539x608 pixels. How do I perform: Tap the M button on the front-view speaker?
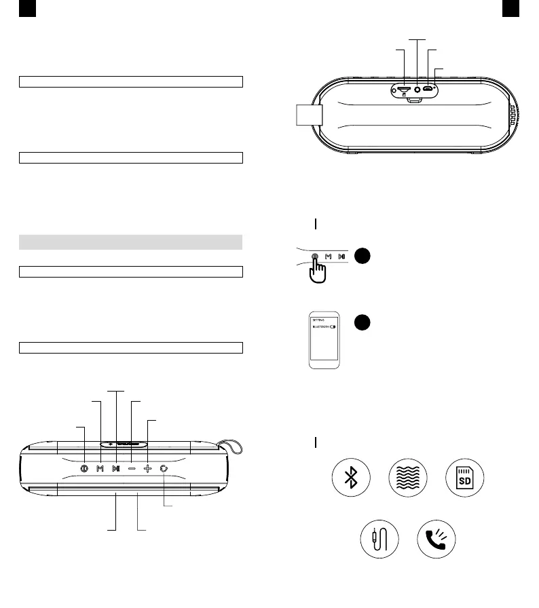[100, 468]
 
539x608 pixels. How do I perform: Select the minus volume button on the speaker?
[131, 468]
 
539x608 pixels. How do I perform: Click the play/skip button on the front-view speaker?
[115, 468]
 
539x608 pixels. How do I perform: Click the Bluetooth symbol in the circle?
[350, 479]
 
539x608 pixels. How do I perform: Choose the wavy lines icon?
[407, 479]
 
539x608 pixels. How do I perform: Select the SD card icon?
[465, 479]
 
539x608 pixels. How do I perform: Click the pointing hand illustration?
[317, 269]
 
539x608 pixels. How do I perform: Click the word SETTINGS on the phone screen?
[318, 318]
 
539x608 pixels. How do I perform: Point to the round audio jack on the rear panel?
[416, 89]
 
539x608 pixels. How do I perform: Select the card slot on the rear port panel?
[403, 89]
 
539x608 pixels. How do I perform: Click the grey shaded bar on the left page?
[131, 242]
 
